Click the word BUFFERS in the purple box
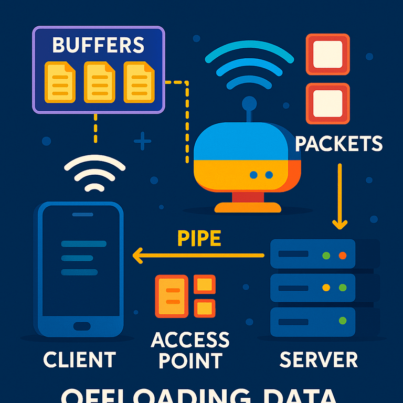(98, 45)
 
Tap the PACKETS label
(338, 143)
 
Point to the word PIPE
(199, 239)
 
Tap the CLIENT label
(79, 360)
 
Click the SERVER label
(319, 360)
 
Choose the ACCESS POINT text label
(190, 350)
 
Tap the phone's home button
(81, 326)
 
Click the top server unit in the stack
(313, 254)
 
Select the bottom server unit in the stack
(313, 321)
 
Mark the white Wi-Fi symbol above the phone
(94, 174)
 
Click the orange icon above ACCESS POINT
(185, 296)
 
